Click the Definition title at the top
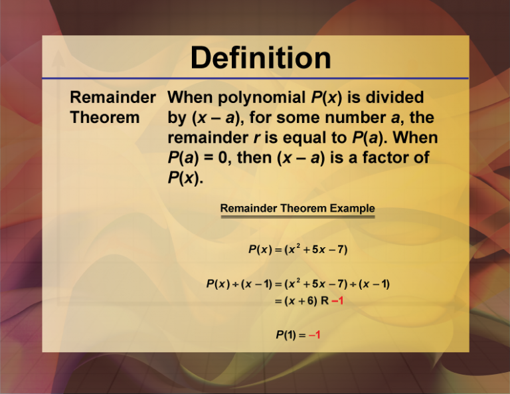(260, 58)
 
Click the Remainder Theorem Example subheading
(297, 209)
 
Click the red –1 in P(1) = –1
(314, 335)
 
